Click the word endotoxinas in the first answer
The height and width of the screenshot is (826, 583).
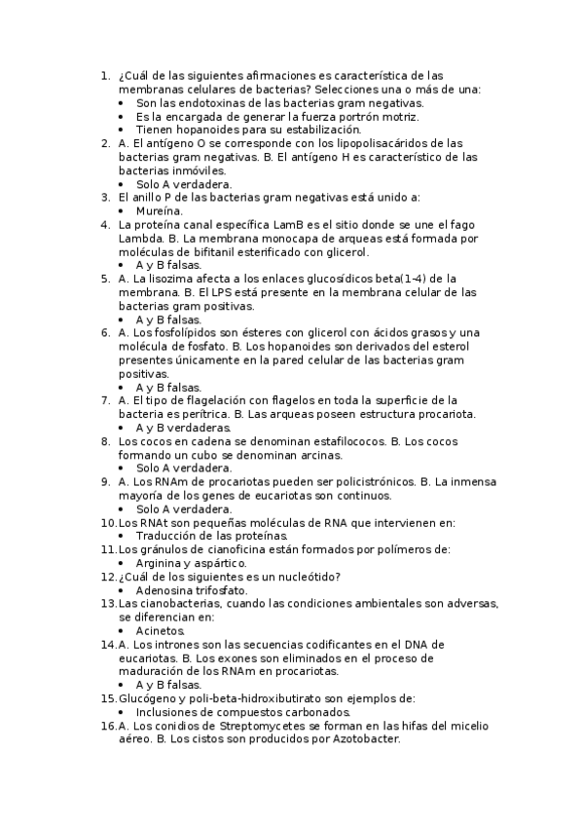(203, 102)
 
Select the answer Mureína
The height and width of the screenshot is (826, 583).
(159, 209)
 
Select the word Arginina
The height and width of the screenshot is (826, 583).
(160, 563)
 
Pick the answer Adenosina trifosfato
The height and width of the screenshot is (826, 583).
(192, 590)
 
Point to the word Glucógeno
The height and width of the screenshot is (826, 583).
(148, 698)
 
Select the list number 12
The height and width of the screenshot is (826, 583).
(108, 577)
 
